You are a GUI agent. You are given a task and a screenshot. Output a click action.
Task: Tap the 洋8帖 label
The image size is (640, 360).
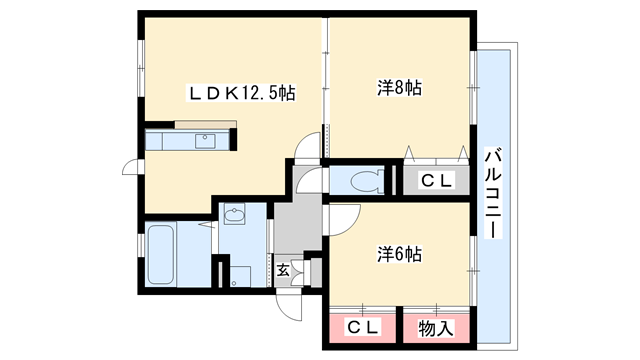(400, 88)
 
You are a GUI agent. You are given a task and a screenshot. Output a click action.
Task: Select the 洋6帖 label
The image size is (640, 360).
(400, 254)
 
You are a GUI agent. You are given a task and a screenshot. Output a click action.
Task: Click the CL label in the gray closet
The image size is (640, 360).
(436, 181)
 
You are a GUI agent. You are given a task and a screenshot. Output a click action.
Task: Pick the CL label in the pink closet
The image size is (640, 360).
(362, 327)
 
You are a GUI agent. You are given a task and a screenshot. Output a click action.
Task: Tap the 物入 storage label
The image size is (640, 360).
(436, 327)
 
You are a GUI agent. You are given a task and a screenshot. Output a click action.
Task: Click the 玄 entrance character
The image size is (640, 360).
(283, 269)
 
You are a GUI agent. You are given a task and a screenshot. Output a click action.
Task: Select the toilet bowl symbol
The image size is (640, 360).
(365, 181)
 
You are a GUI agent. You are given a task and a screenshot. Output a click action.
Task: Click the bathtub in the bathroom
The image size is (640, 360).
(162, 255)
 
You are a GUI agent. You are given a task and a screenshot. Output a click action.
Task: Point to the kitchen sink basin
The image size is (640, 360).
(208, 141)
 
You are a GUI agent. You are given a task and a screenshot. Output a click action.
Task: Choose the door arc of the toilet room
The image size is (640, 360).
(310, 181)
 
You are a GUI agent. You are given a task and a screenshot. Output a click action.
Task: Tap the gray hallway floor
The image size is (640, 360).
(296, 225)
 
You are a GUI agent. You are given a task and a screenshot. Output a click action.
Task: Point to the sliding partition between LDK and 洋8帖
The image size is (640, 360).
(325, 90)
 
